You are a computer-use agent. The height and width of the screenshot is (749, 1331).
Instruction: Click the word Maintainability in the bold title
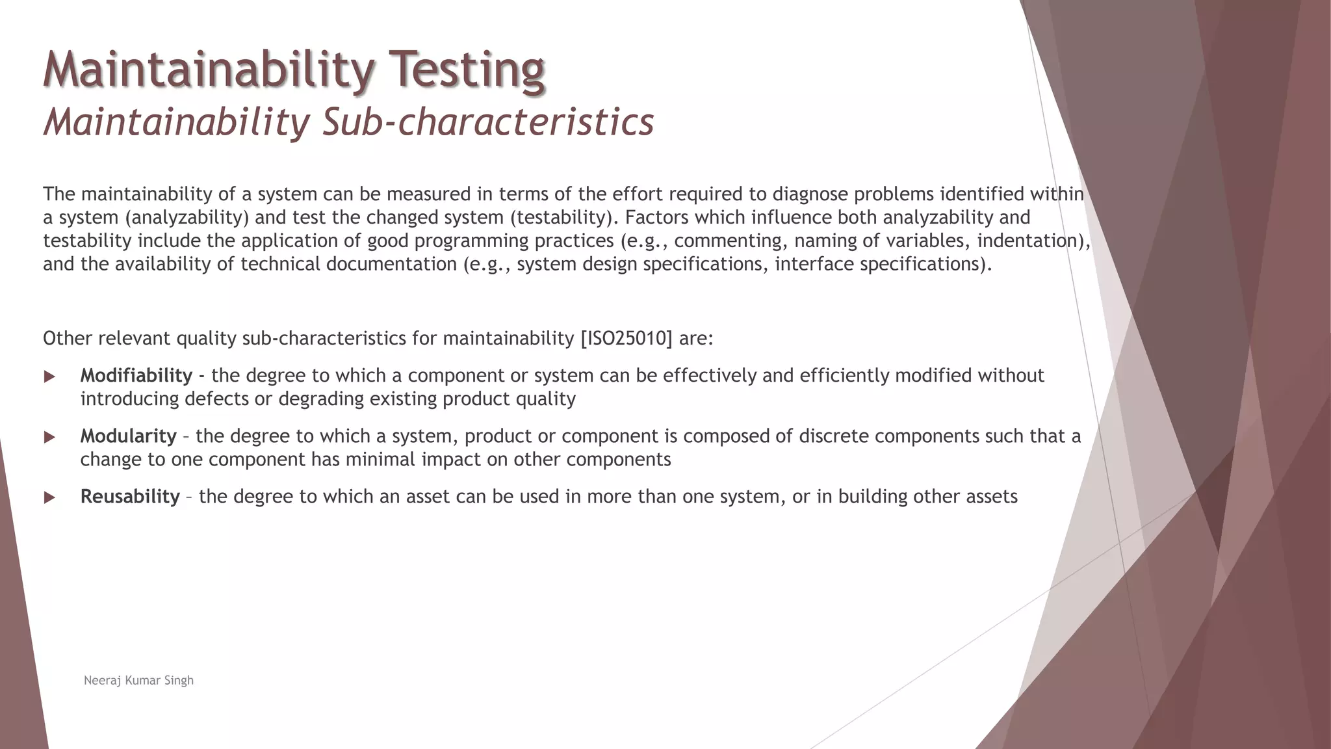[209, 70]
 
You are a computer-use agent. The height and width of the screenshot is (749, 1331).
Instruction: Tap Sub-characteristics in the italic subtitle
[487, 122]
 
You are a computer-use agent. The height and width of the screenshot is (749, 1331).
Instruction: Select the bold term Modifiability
[136, 376]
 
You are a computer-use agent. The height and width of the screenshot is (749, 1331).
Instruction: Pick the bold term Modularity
[128, 436]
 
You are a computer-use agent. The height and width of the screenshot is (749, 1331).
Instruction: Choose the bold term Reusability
[130, 497]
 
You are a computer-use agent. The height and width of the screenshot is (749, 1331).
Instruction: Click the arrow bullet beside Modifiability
[49, 376]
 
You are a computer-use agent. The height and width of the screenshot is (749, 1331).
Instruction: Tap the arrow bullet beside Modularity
[49, 437]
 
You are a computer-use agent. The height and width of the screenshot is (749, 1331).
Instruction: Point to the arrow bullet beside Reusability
[49, 497]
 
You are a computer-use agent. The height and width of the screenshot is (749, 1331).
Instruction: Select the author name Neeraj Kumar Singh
[138, 681]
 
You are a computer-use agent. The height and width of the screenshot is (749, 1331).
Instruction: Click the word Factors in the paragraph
[653, 217]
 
